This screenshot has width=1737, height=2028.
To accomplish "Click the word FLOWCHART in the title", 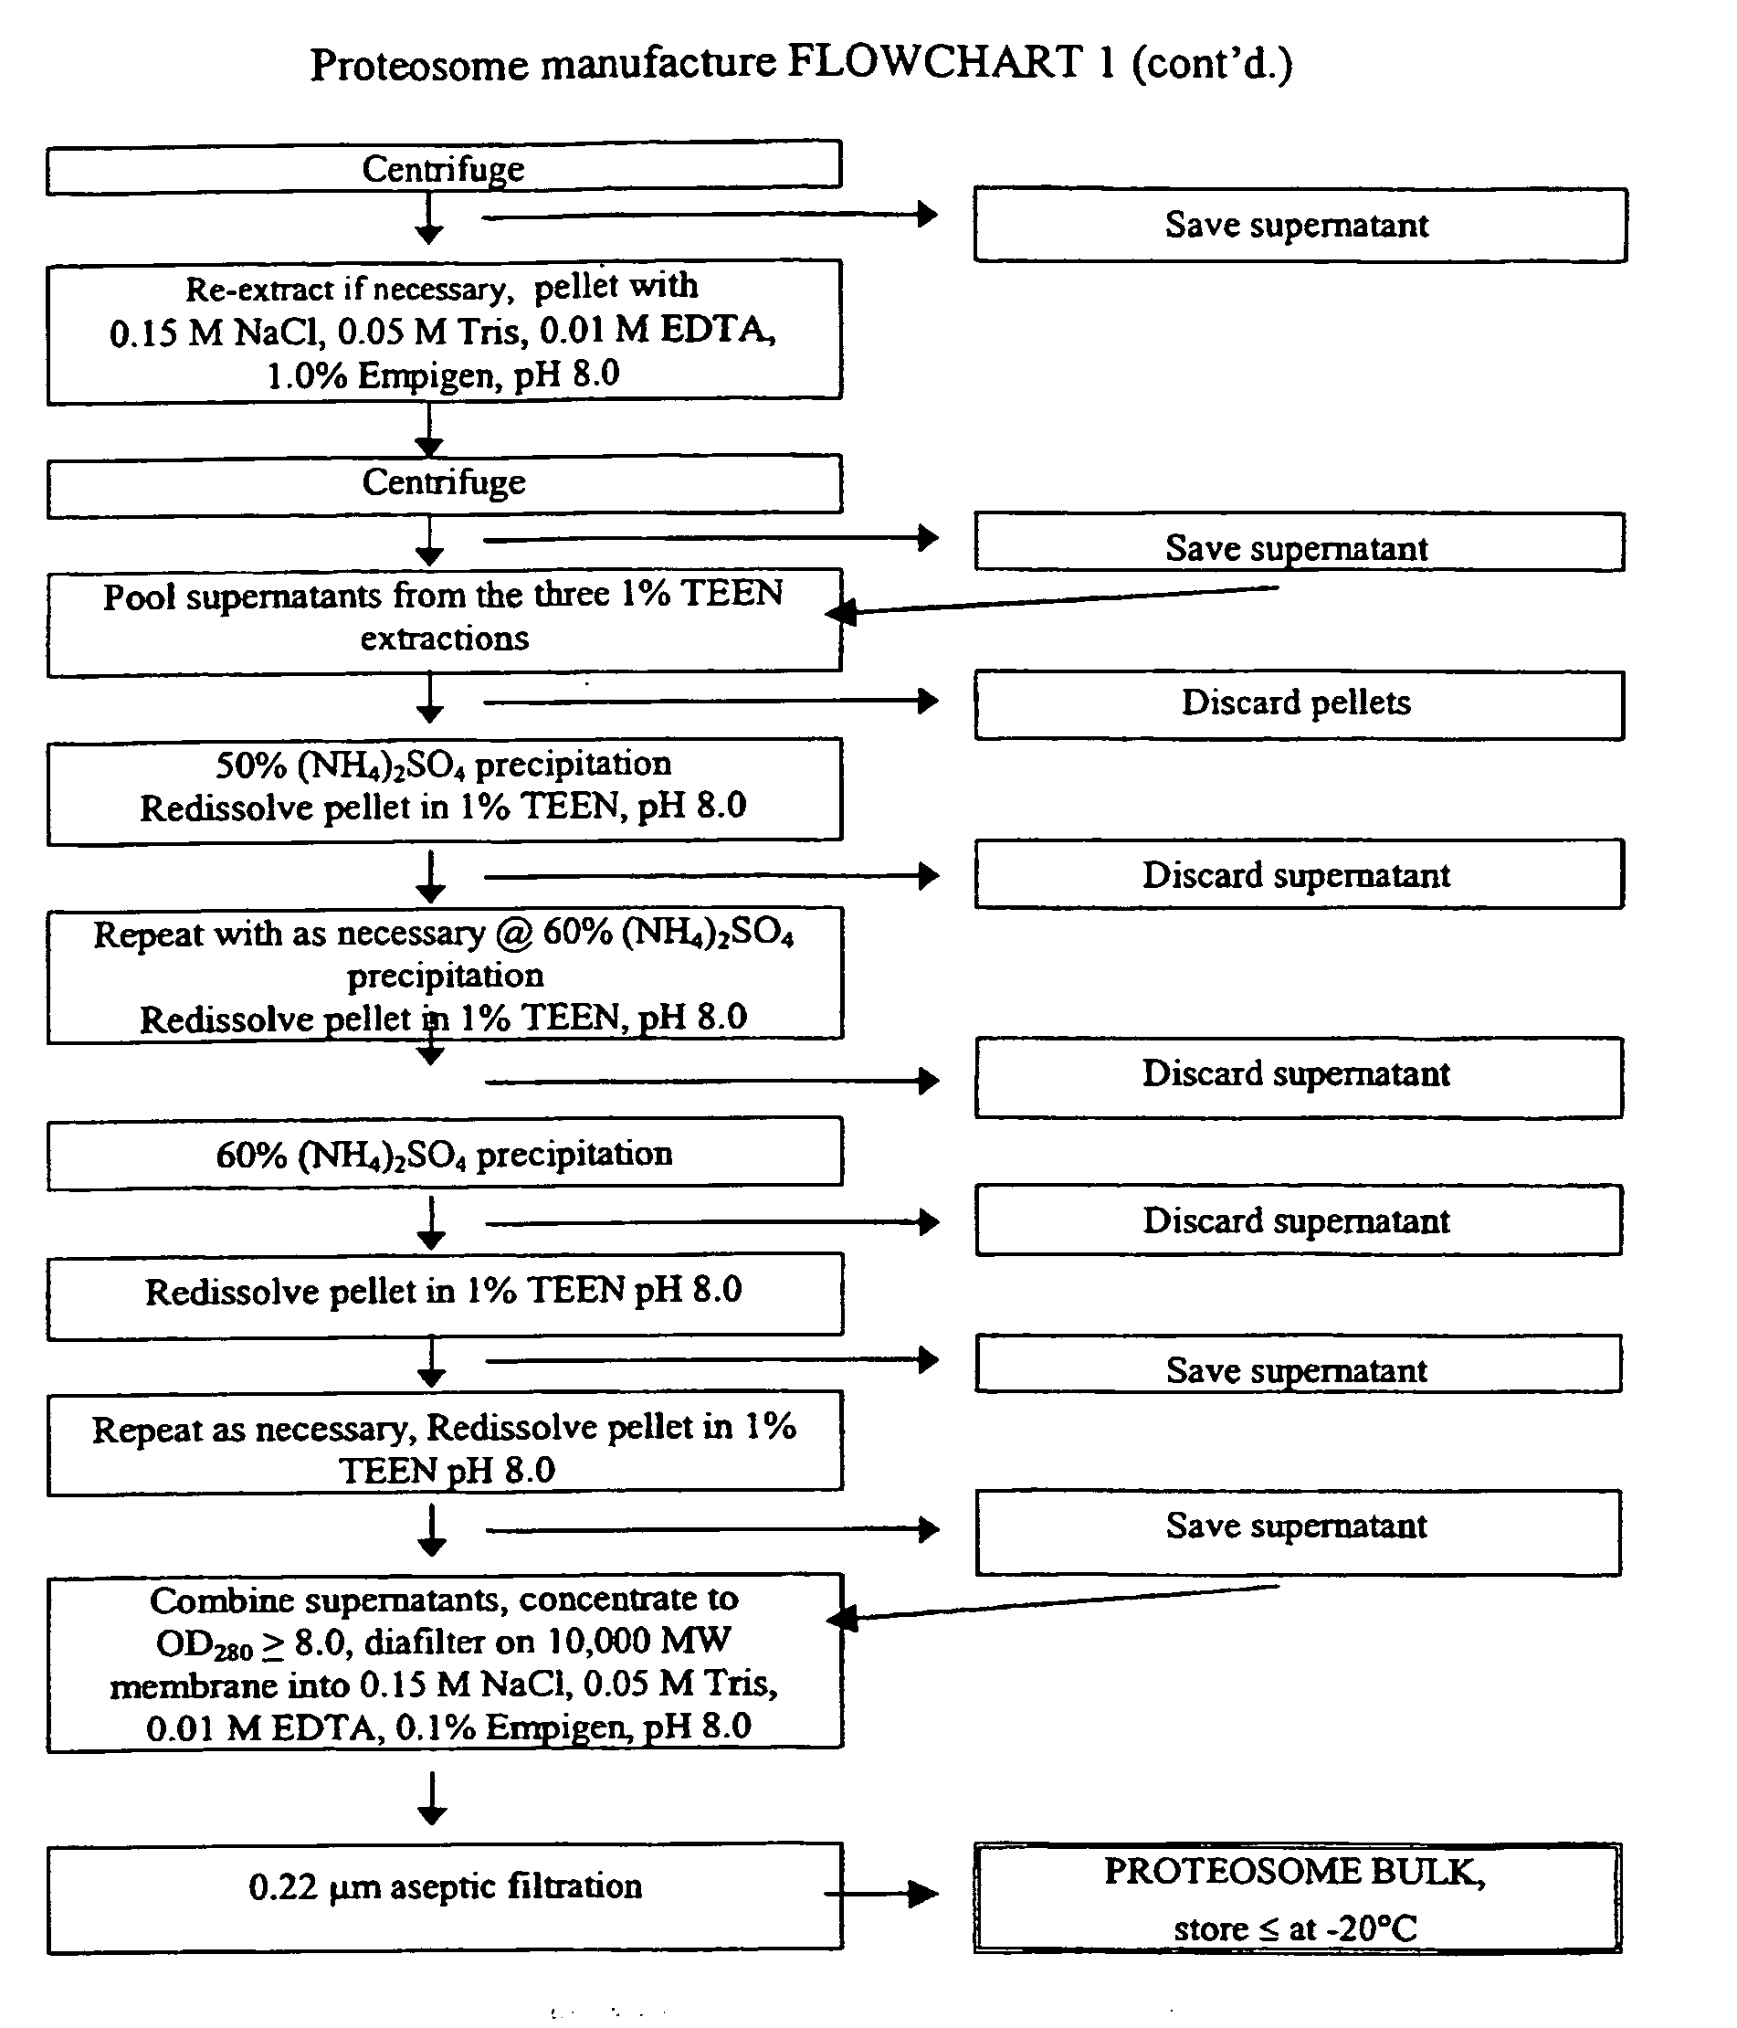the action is (934, 62).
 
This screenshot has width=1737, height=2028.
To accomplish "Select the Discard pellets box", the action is (1299, 703).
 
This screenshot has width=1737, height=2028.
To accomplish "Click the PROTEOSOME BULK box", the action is (1297, 1899).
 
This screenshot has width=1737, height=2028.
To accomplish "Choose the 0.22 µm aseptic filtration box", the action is (444, 1899).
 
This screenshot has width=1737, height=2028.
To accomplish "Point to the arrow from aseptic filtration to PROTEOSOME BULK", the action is (881, 1894).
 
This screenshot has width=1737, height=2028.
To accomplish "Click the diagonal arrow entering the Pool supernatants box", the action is (1052, 600).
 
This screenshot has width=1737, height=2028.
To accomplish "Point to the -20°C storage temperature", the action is (1370, 1928).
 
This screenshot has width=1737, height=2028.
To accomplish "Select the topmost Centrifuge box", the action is (443, 167).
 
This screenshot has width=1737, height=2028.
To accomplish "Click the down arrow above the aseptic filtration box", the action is (432, 1798).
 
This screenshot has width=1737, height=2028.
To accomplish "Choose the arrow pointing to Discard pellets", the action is (711, 701).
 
